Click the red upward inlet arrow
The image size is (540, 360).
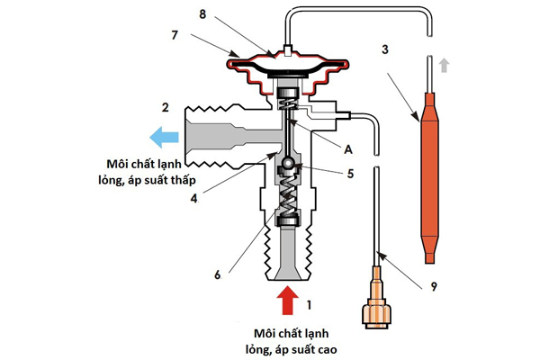coord(286,300)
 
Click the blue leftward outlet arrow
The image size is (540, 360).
coord(166,137)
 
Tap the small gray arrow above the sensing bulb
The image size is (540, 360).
coord(442,65)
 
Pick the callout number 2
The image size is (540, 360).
coord(165,108)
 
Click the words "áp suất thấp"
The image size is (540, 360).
coord(181,180)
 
